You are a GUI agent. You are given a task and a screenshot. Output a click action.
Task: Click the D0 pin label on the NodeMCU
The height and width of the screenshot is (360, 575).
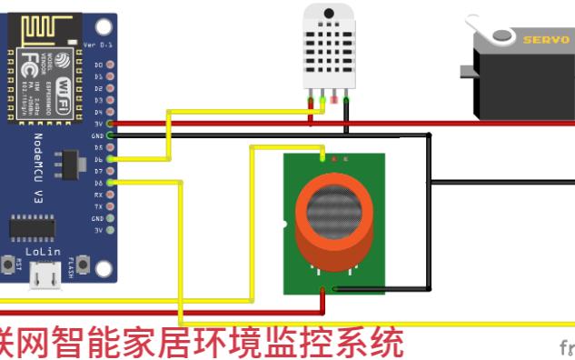pyautogui.click(x=99, y=65)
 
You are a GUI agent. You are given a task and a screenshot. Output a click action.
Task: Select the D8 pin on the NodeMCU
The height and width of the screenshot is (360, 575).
pyautogui.click(x=110, y=183)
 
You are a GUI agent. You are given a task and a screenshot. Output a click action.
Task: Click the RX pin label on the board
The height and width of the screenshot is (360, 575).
pyautogui.click(x=99, y=195)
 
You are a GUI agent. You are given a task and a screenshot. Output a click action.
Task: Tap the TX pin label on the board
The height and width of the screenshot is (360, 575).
pyautogui.click(x=99, y=206)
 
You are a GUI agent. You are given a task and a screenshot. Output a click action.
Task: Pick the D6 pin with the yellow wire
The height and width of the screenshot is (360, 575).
pyautogui.click(x=110, y=159)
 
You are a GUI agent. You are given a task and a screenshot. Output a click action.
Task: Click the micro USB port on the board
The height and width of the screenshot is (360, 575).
pyautogui.click(x=39, y=275)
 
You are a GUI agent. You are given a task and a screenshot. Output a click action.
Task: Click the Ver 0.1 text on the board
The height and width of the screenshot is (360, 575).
pyautogui.click(x=96, y=45)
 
